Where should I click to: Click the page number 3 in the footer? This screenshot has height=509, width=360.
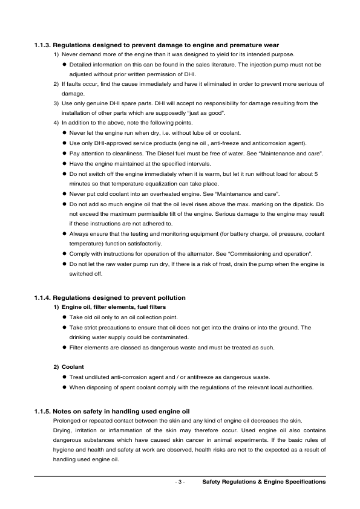180,482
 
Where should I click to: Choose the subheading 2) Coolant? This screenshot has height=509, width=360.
68,367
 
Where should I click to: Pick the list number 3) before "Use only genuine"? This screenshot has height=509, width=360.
56,104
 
